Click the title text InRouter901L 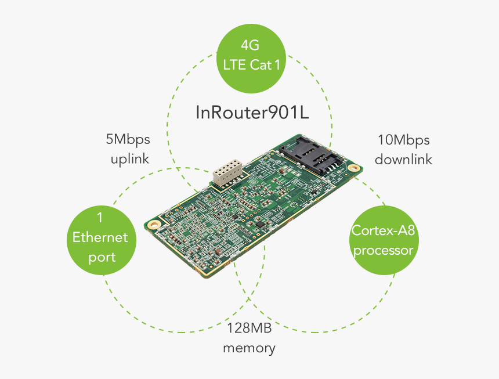point(251,112)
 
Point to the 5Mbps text point(128,140)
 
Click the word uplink point(130,159)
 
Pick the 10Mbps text point(404,140)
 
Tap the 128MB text point(249,329)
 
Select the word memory point(249,348)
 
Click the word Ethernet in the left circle point(100,237)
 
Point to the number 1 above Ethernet point(100,218)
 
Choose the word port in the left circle point(102,257)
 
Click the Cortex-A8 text point(384,230)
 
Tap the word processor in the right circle point(384,250)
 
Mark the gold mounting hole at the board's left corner point(153,224)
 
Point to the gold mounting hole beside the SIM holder point(353,167)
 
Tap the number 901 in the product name point(278,112)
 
